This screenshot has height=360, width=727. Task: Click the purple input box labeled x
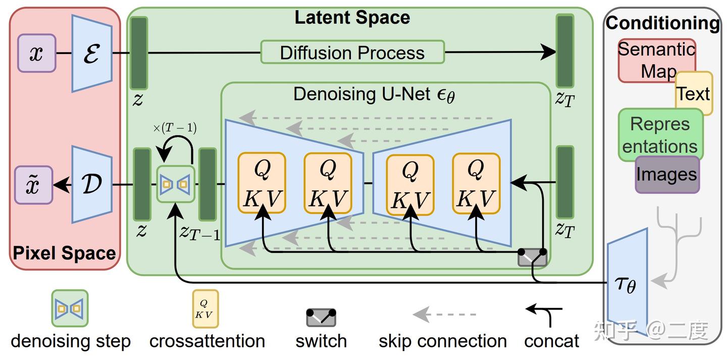pyautogui.click(x=36, y=53)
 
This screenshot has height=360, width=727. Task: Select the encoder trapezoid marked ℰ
pyautogui.click(x=91, y=53)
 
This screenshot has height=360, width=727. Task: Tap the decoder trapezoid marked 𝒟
pyautogui.click(x=91, y=184)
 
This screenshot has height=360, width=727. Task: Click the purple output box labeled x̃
pyautogui.click(x=33, y=185)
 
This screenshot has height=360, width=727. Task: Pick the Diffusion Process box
pyautogui.click(x=352, y=52)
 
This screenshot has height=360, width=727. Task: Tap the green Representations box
pyautogui.click(x=660, y=134)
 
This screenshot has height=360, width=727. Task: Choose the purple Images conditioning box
pyautogui.click(x=667, y=175)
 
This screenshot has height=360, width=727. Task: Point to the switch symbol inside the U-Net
pyautogui.click(x=532, y=257)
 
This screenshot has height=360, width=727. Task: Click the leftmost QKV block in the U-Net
pyautogui.click(x=262, y=183)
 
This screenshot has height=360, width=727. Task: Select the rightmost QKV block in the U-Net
pyautogui.click(x=476, y=183)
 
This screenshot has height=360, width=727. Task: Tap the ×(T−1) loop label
pyautogui.click(x=175, y=128)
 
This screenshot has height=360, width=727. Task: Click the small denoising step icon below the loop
pyautogui.click(x=175, y=184)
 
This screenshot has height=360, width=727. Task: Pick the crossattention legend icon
pyautogui.click(x=205, y=308)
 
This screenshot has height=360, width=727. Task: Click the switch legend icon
pyautogui.click(x=321, y=318)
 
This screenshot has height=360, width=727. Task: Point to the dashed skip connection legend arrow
pyautogui.click(x=444, y=315)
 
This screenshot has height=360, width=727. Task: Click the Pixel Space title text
pyautogui.click(x=64, y=252)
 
